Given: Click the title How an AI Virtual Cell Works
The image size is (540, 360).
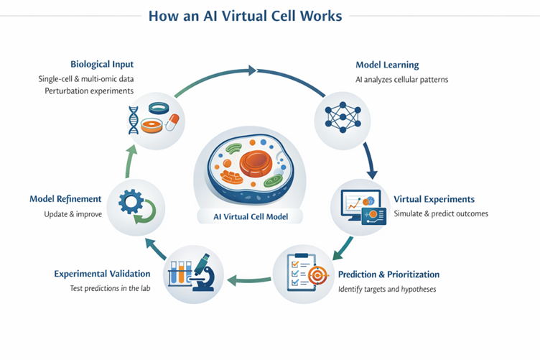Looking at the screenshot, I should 270,16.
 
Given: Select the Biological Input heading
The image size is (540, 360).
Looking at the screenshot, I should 102,63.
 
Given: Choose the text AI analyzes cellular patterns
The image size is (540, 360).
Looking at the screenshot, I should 401,80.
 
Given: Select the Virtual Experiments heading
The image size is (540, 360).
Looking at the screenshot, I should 434,199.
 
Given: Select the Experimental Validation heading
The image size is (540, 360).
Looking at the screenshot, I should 102,274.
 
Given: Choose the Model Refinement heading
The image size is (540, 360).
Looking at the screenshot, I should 65,199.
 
